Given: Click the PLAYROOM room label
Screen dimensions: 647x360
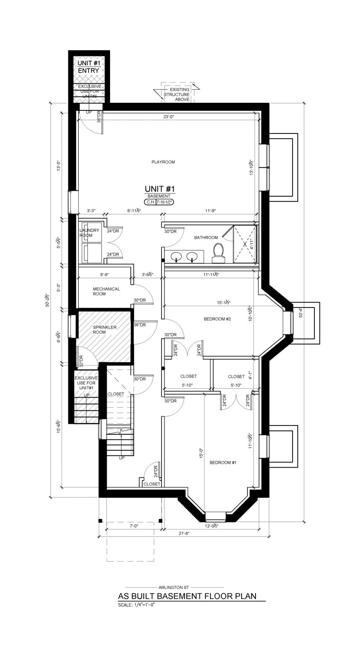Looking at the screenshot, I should pos(163,162).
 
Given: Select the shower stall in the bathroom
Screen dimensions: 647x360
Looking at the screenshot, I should pos(244,244).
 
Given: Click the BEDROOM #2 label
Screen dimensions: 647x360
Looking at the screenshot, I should pos(217,319).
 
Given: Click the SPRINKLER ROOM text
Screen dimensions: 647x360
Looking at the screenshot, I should pos(93,329).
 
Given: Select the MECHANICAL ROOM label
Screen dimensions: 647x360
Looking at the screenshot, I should pos(106,291).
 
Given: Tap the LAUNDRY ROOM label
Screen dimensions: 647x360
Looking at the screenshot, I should pos(89,233).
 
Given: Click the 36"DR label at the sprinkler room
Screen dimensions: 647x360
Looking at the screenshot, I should pos(140,325).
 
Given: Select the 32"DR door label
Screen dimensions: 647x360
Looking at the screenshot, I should pos(81,361).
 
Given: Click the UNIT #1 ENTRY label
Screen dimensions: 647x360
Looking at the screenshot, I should pos(89,67).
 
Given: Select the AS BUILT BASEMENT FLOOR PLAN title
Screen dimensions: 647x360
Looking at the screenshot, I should pos(187,596).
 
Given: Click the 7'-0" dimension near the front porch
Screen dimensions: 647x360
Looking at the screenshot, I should pos(134,526).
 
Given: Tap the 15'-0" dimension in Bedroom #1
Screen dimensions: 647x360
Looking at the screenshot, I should pos(202,453).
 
